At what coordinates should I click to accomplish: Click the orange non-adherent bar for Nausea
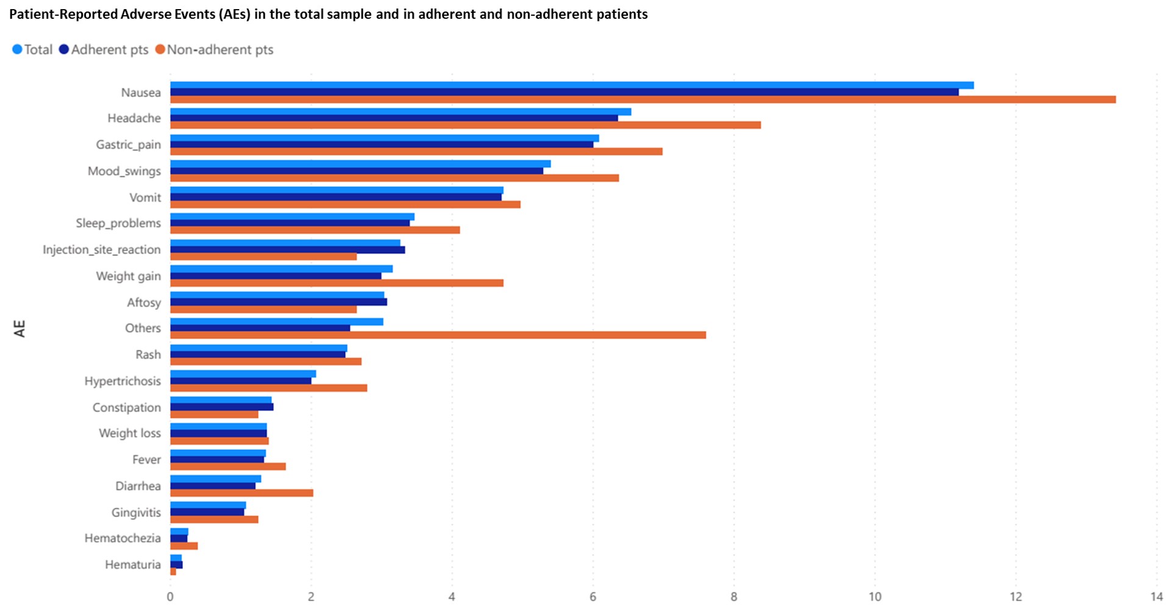tap(643, 99)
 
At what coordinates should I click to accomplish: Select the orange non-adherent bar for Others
tap(438, 335)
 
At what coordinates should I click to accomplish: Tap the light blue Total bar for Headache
tap(401, 112)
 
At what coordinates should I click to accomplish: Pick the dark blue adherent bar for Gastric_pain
tap(382, 144)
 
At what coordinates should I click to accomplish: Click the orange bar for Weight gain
tap(337, 283)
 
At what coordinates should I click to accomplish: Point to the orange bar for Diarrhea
tap(241, 493)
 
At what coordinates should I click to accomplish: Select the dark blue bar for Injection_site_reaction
tap(287, 250)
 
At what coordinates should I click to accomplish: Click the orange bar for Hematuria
tap(173, 571)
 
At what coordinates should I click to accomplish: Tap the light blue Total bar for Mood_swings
tap(360, 164)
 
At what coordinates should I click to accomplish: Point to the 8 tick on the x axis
tap(733, 597)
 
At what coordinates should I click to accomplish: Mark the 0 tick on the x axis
tap(170, 597)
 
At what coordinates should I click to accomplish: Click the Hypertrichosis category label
tap(123, 381)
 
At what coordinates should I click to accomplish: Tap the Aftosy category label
tap(144, 302)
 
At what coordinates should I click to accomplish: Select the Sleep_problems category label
tap(118, 223)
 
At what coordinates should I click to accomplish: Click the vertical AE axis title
tap(20, 329)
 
